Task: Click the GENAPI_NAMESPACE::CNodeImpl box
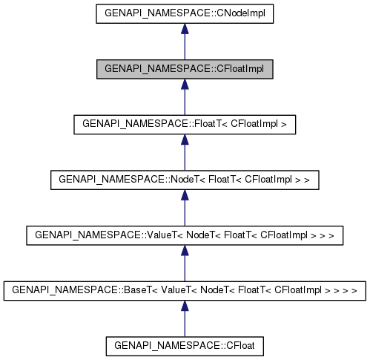(x=185, y=13)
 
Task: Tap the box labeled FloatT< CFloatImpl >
(x=185, y=124)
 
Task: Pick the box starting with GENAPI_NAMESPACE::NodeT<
(x=185, y=180)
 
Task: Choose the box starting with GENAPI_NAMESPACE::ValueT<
(x=185, y=235)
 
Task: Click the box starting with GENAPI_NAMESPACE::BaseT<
(x=185, y=290)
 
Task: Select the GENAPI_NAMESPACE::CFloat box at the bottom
(x=185, y=345)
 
